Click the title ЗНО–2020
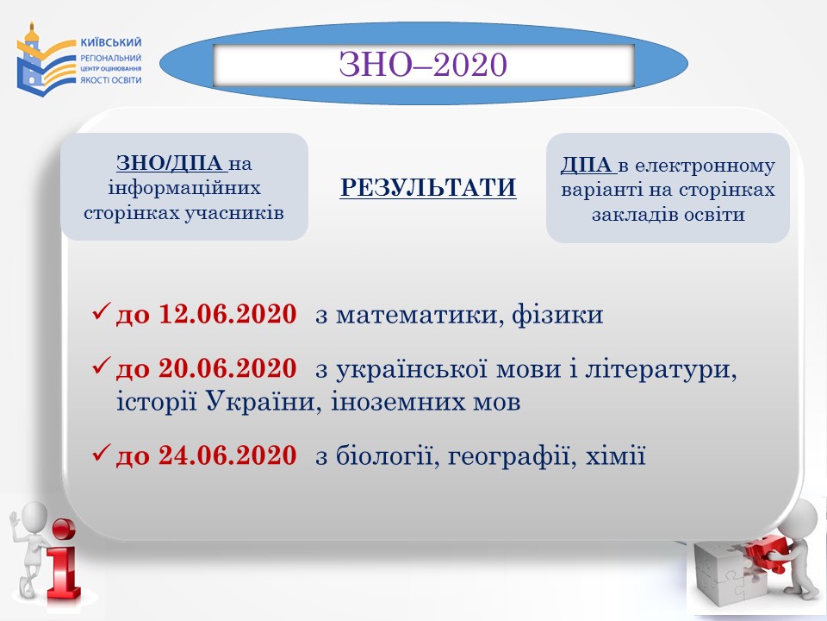coord(423,65)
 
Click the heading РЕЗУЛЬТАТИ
coord(428,188)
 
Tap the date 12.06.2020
coord(227,314)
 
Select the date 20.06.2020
coord(227,368)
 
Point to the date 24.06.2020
coord(227,455)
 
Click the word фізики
coord(557,315)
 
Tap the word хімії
coord(615,455)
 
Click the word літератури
coord(662,369)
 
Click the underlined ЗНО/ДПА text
coord(172,163)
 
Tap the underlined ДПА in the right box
coord(588,166)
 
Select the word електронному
coord(706,166)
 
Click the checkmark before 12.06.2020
coord(102,311)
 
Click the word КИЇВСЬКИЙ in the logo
coord(111,42)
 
